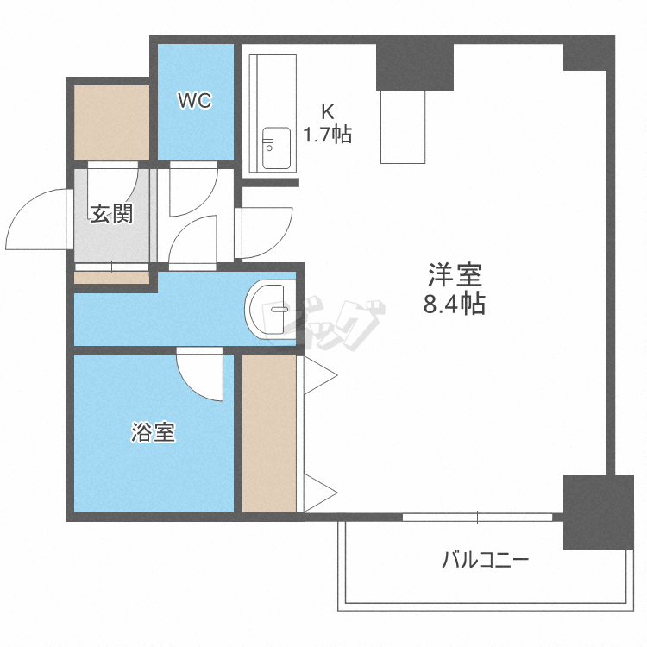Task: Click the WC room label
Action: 195,101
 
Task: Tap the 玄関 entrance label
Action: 112,213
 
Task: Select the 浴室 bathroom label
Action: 154,432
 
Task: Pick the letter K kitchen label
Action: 327,111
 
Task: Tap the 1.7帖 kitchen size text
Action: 327,135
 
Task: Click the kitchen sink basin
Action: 276,149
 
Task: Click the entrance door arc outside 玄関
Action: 39,220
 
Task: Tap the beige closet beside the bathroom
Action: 269,431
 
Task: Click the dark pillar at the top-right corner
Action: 587,53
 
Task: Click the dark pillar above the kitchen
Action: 415,65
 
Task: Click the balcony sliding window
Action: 477,518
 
